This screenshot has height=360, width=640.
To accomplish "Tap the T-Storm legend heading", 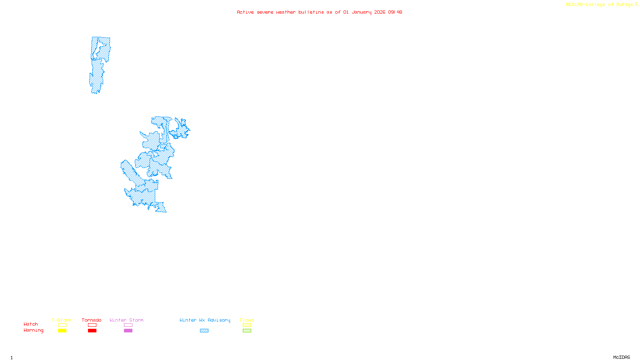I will pyautogui.click(x=62, y=320).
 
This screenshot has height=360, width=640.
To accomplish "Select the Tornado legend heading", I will pyautogui.click(x=92, y=320).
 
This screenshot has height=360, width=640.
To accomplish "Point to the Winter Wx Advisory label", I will pyautogui.click(x=205, y=320).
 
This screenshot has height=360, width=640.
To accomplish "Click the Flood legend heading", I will pyautogui.click(x=247, y=320).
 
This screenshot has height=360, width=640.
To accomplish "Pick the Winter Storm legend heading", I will pyautogui.click(x=126, y=320).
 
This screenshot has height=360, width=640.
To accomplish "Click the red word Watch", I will pyautogui.click(x=31, y=324).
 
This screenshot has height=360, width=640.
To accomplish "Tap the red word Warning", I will pyautogui.click(x=34, y=330).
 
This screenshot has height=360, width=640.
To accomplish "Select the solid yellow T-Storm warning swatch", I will pyautogui.click(x=62, y=331).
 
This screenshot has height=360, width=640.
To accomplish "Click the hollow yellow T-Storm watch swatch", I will pyautogui.click(x=62, y=325).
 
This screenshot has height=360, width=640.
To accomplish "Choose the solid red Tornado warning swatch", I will pyautogui.click(x=92, y=331).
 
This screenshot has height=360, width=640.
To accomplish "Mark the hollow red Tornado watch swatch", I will pyautogui.click(x=92, y=325).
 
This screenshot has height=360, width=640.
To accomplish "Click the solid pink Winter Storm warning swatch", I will pyautogui.click(x=128, y=331).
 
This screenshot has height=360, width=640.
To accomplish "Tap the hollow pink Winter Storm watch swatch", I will pyautogui.click(x=128, y=325).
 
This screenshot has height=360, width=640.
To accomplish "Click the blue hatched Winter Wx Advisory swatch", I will pyautogui.click(x=204, y=331).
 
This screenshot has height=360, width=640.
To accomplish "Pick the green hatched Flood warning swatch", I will pyautogui.click(x=247, y=331).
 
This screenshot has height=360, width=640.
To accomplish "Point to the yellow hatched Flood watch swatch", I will pyautogui.click(x=247, y=325).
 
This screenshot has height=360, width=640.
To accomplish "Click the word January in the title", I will pyautogui.click(x=362, y=12).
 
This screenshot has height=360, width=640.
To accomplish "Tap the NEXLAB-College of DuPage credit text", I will pyautogui.click(x=600, y=5).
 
